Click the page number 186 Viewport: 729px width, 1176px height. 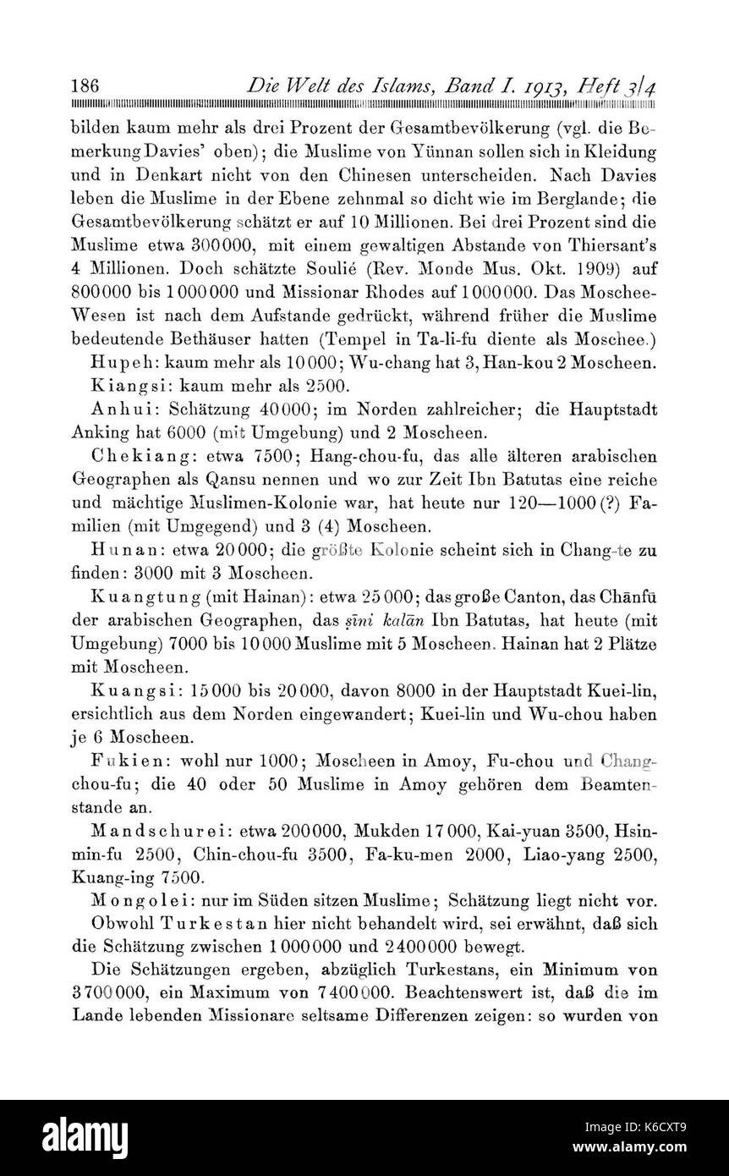tap(87, 86)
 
